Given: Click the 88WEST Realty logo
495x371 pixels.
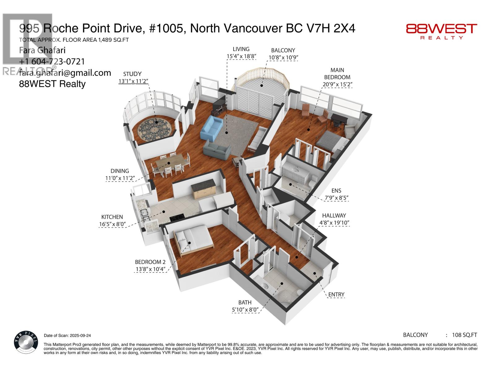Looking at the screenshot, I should (441, 31).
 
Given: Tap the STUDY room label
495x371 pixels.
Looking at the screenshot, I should (132, 74).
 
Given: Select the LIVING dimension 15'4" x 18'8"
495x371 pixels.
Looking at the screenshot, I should (241, 56).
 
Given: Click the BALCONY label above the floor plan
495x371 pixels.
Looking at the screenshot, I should (283, 50).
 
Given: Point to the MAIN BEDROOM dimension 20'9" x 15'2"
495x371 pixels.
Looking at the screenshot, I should (337, 84).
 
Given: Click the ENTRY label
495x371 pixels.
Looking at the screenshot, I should (336, 294).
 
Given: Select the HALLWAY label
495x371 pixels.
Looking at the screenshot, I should (334, 215).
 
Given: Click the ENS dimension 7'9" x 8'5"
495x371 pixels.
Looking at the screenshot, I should (336, 198).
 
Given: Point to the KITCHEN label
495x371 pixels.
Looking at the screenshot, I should (112, 217).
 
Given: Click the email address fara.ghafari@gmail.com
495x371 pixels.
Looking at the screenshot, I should (65, 73).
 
